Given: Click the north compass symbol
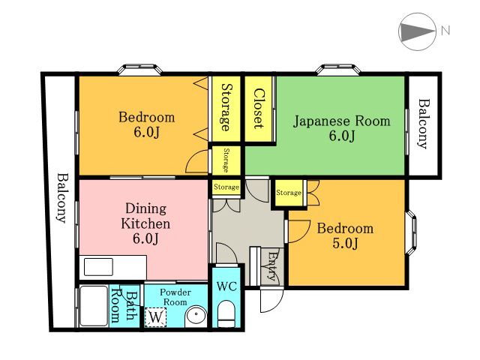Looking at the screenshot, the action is [x=417, y=31].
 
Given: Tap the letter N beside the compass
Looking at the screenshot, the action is [x=445, y=31].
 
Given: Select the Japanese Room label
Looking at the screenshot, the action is [x=342, y=121].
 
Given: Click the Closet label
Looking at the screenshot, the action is [x=259, y=108].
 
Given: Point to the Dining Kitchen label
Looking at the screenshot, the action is [x=145, y=216].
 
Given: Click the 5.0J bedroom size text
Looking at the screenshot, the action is [x=345, y=243].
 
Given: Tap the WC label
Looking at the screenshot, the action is [x=226, y=286].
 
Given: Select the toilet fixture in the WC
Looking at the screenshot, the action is [x=226, y=314].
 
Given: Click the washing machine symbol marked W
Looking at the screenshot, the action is [x=156, y=317].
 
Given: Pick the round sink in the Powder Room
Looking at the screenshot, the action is [x=196, y=316].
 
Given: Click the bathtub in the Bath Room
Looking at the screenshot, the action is [x=94, y=306].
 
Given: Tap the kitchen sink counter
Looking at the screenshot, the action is [x=113, y=267].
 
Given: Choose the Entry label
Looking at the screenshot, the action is [x=272, y=266].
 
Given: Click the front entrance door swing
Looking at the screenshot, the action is [x=271, y=300].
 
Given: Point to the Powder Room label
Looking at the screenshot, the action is [x=175, y=297].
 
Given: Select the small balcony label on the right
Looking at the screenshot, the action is [x=424, y=124].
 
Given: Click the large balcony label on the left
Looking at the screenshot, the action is [x=62, y=198].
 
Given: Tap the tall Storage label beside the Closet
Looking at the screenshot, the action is [x=226, y=107].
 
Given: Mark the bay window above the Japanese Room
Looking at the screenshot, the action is [x=338, y=69].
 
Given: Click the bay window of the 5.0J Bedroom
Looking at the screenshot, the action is [x=412, y=232].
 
